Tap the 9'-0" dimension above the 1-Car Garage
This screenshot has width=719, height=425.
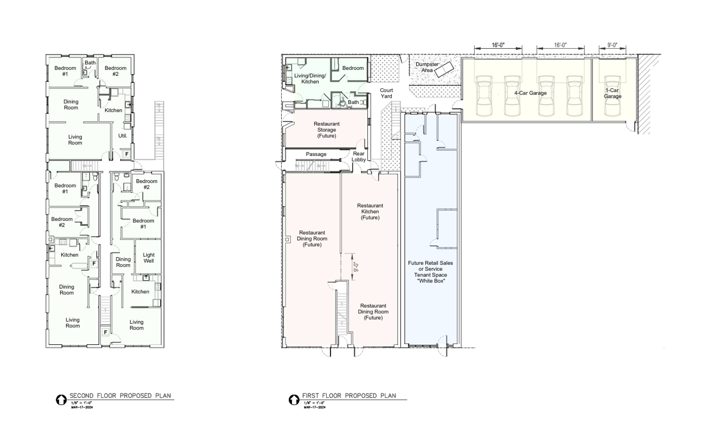612,45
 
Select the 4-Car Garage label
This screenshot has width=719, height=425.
530,93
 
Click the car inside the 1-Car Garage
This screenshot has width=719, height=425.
613,96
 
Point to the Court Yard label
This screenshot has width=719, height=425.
386,93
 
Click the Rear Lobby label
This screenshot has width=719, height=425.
359,157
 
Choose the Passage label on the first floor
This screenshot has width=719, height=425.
316,154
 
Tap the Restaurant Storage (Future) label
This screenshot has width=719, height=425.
327,130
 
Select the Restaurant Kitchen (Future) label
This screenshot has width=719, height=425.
370,212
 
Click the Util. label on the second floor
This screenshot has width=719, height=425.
123,136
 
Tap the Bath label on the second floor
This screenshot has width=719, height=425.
90,63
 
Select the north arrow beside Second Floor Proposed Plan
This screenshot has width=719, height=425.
61,400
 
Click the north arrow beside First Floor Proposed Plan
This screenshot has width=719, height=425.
294,400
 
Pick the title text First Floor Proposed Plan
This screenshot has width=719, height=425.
349,396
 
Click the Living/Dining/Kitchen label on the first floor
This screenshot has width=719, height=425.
310,79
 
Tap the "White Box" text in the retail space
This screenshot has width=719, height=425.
431,281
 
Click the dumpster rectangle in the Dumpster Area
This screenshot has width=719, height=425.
444,70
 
